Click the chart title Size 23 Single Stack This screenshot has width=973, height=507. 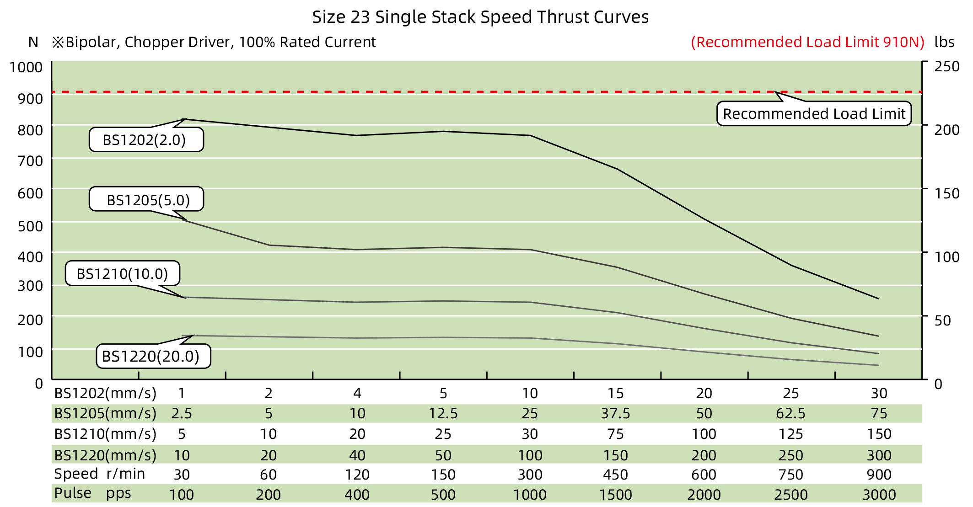coord(480,17)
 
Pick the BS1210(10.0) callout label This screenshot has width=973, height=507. coord(122,273)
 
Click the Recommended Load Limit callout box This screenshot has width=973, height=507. coord(813,114)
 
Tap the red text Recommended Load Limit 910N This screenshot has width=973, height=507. coord(807,42)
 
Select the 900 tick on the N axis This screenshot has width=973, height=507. coord(30,99)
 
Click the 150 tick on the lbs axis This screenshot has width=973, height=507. coord(946,193)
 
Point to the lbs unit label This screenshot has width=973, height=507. coord(944,42)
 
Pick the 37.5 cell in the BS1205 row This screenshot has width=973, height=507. coord(615,414)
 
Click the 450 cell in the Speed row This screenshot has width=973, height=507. coord(615,475)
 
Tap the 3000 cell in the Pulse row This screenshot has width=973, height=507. coord(879,495)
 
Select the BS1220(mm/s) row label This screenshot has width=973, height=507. coord(105,455)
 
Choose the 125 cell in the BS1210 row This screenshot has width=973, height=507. coord(790,434)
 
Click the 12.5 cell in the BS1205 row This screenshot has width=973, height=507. coord(442,414)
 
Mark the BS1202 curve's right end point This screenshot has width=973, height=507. coord(878,299)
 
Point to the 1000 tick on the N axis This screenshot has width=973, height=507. coord(26,67)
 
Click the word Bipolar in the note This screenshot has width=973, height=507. coord(91,42)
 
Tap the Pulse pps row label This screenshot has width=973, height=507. coord(92,493)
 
